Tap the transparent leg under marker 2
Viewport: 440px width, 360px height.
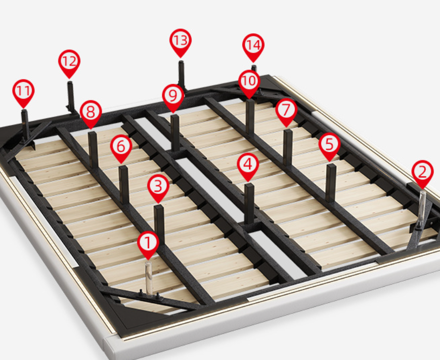[421, 209]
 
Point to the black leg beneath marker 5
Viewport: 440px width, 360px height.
[331, 183]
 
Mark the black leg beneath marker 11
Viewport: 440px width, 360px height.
[25, 125]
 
